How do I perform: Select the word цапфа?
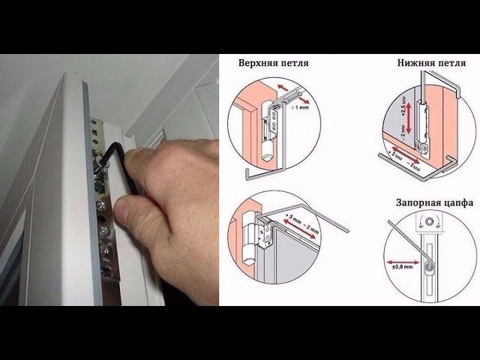coord(460,202)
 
